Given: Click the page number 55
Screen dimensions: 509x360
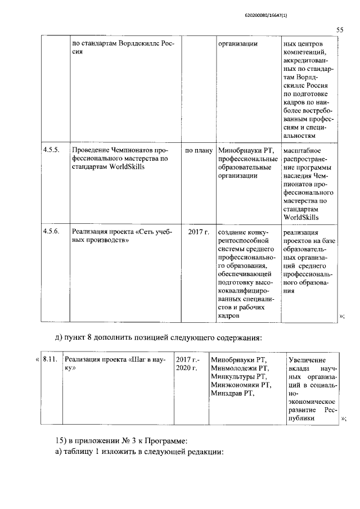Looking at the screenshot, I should [340, 31].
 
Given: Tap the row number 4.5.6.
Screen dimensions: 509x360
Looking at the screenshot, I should [51, 232].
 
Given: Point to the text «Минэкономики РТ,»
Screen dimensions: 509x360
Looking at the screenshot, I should [241, 385].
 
